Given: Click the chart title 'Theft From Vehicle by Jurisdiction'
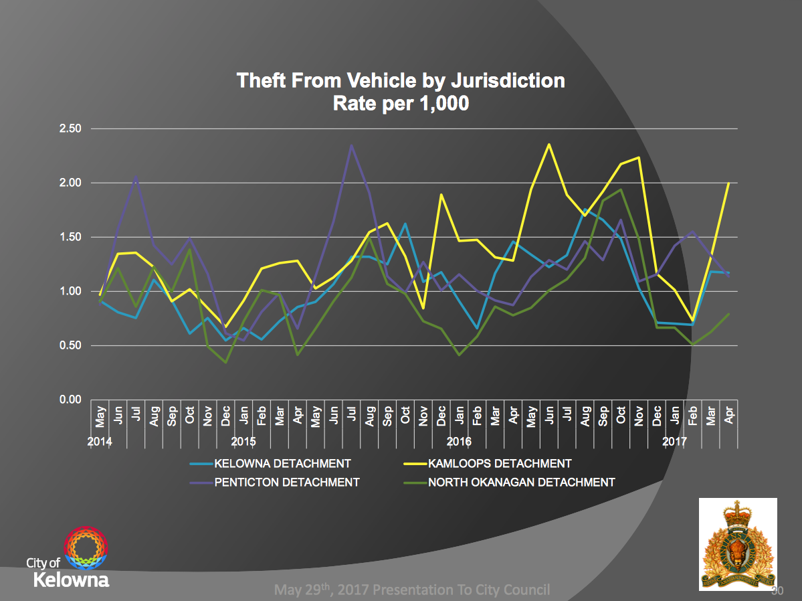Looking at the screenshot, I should [401, 81].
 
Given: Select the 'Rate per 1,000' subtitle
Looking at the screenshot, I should [401, 103].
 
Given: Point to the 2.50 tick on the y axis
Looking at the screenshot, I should [70, 128].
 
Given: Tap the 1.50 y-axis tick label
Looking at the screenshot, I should [70, 237].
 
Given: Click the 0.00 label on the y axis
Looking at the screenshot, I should [70, 400].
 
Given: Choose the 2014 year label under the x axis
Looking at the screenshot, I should [99, 442].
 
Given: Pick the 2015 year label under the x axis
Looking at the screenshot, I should [243, 442].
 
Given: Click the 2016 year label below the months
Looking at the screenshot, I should [459, 442].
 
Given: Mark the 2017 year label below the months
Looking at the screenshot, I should [675, 442].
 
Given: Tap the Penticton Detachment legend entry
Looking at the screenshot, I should [287, 482].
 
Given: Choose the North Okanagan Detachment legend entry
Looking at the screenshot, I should [521, 482].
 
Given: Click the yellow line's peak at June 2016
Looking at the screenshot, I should [549, 144].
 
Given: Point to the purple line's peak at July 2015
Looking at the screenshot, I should [351, 145].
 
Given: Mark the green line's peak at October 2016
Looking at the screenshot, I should [621, 189].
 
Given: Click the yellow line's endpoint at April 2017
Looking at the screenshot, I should [728, 183].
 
